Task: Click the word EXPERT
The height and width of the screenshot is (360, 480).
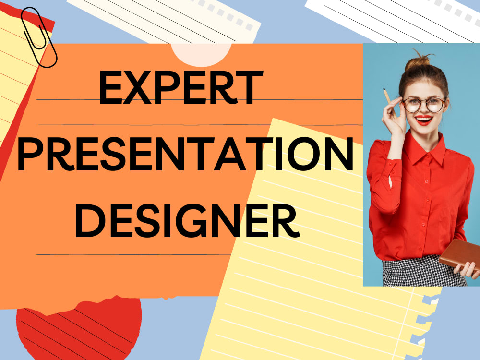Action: point(180,88)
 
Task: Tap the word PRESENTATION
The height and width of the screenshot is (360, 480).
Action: point(185,155)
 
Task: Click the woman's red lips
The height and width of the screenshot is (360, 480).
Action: point(424,119)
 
